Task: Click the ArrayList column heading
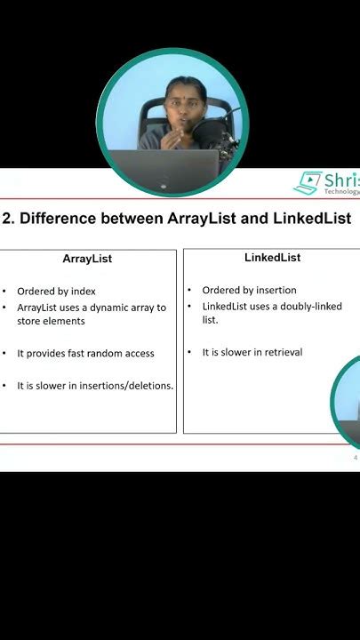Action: (x=87, y=260)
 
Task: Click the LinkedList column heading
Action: (x=272, y=258)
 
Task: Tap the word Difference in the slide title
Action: (x=58, y=219)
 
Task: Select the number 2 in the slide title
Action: (x=6, y=219)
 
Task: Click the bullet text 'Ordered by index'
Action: (x=56, y=291)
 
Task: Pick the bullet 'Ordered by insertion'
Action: (x=249, y=290)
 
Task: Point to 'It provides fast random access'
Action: (x=85, y=353)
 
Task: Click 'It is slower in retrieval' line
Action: (x=252, y=352)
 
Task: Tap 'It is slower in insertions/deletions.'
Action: (x=95, y=386)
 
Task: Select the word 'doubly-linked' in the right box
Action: (x=311, y=307)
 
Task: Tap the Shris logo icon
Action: (x=308, y=183)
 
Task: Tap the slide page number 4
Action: (x=356, y=458)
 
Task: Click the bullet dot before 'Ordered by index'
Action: (x=4, y=292)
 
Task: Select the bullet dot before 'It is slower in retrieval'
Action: (x=190, y=353)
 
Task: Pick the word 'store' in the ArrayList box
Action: (x=32, y=321)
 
